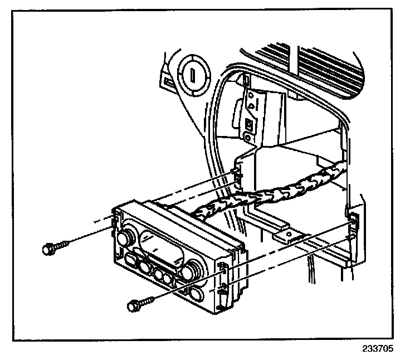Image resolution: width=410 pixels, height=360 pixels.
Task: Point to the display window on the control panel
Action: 161,245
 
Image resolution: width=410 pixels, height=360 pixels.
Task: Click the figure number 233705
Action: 377,349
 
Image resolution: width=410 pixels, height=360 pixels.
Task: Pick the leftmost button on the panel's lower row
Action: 133,260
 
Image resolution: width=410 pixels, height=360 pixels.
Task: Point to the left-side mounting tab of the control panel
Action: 117,220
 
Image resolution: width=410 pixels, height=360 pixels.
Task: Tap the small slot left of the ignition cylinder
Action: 168,82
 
